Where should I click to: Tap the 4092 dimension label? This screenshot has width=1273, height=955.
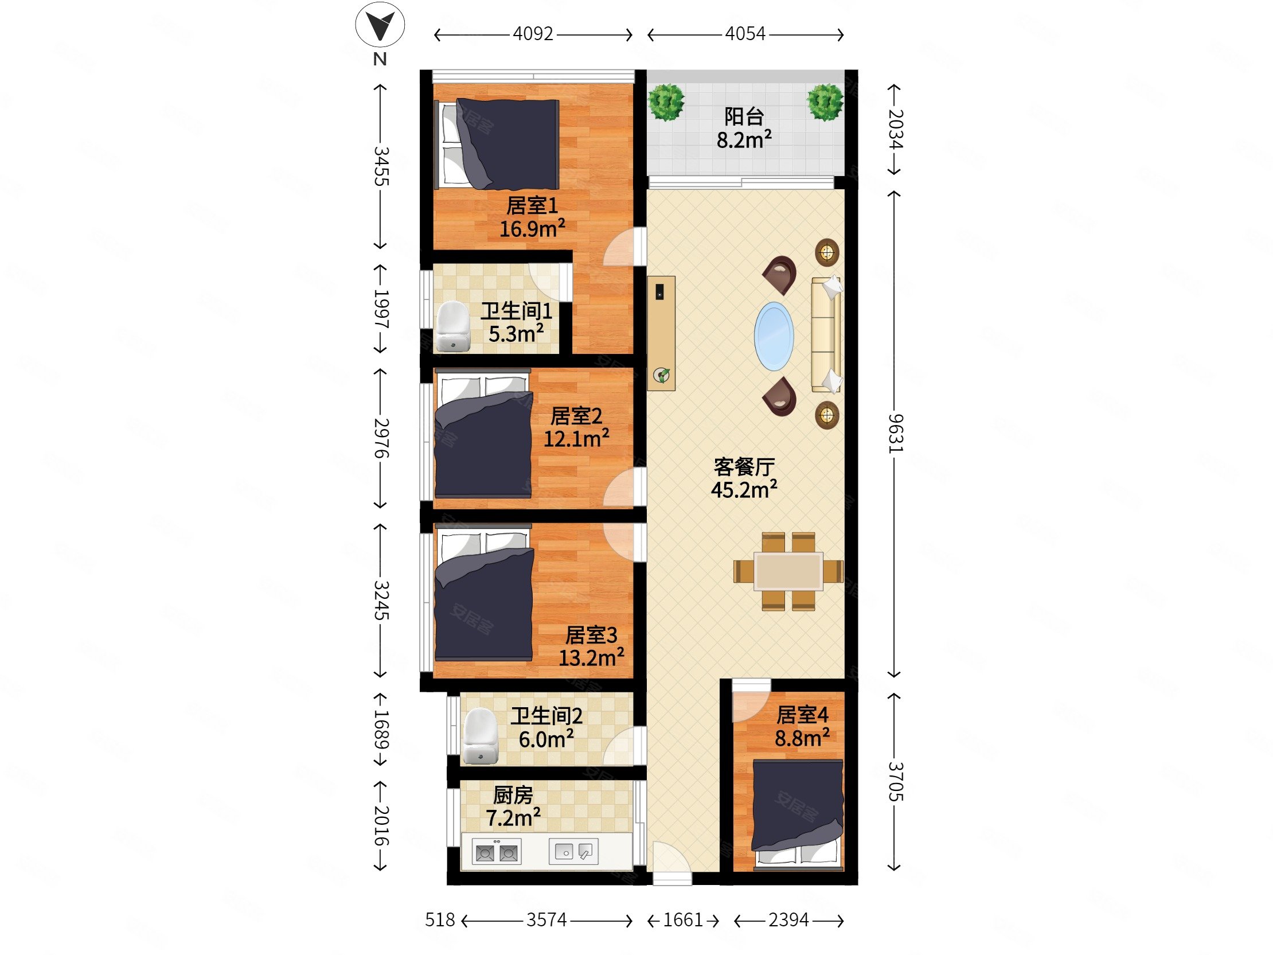click(533, 34)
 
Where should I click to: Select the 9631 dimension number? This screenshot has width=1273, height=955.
click(896, 434)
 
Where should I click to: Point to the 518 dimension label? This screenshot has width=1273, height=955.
click(440, 920)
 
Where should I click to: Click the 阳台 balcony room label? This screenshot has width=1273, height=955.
click(744, 117)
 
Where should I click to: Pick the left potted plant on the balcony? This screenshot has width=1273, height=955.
click(666, 102)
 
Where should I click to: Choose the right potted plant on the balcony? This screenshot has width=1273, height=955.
click(825, 102)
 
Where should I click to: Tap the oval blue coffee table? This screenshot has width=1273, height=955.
click(774, 336)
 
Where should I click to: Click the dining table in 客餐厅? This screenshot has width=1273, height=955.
click(788, 571)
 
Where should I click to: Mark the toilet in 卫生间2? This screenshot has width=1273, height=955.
click(481, 736)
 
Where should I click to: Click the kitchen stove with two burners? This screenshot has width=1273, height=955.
click(496, 851)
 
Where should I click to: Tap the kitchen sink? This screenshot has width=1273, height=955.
click(574, 851)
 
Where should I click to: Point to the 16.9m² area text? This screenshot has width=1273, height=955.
click(532, 228)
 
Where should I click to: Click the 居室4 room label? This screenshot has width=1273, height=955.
click(802, 715)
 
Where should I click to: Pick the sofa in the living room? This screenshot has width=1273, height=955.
click(826, 334)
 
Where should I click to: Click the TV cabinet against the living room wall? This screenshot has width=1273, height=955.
click(661, 333)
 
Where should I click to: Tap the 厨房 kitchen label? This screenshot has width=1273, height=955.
click(513, 795)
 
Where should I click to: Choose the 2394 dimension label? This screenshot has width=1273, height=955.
click(788, 920)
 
